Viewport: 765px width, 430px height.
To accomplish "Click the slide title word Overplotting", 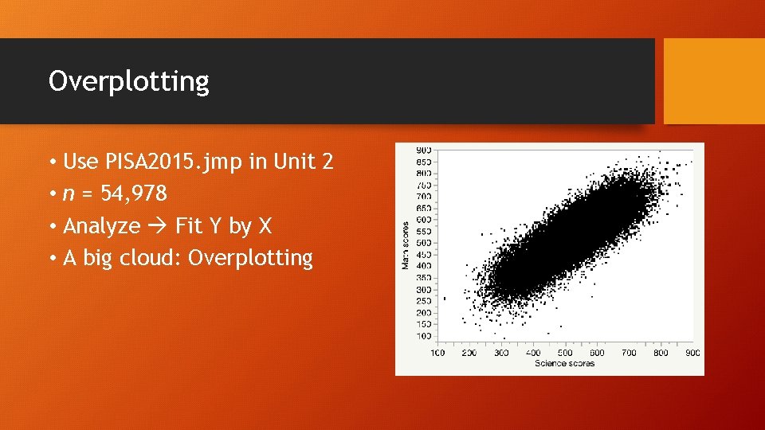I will pyautogui.click(x=128, y=81).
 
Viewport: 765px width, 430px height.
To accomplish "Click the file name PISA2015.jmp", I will pyautogui.click(x=175, y=162).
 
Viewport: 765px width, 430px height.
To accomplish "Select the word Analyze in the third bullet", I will pyautogui.click(x=101, y=226).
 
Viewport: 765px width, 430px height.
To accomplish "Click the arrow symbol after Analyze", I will pyautogui.click(x=158, y=226).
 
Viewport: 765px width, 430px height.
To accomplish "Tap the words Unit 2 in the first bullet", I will pyautogui.click(x=304, y=162).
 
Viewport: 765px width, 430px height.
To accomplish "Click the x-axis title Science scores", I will pyautogui.click(x=564, y=364).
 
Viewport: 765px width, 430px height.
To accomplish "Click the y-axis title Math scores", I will pyautogui.click(x=406, y=244).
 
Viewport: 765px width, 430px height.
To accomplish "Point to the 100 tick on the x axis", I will pyautogui.click(x=437, y=353).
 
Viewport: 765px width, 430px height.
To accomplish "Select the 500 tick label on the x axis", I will pyautogui.click(x=565, y=353).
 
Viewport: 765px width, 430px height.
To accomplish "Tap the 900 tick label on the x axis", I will pyautogui.click(x=692, y=353).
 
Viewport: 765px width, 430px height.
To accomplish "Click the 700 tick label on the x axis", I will pyautogui.click(x=629, y=353).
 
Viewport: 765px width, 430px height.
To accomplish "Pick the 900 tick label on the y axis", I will pyautogui.click(x=424, y=150).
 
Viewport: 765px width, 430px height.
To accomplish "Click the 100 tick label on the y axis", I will pyautogui.click(x=424, y=337).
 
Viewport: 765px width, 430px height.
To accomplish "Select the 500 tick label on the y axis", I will pyautogui.click(x=424, y=243).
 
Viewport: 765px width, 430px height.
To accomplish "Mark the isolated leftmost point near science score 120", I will pyautogui.click(x=444, y=298).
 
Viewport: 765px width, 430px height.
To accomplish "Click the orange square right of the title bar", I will pyautogui.click(x=714, y=81).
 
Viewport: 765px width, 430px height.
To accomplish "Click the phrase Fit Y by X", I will pyautogui.click(x=223, y=226).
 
